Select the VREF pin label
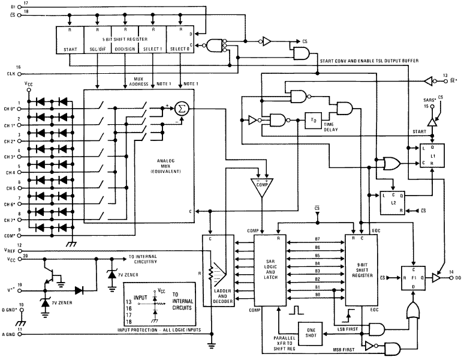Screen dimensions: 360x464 click(8, 250)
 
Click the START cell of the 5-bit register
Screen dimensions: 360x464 click(70, 49)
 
